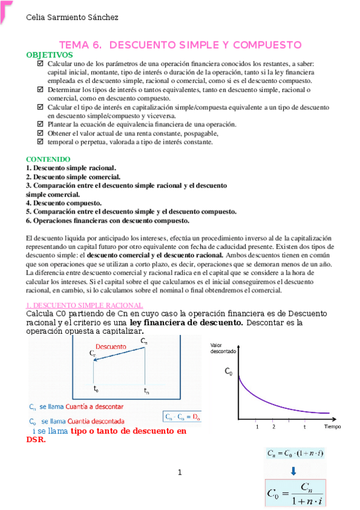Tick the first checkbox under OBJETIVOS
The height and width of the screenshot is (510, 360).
pos(40,63)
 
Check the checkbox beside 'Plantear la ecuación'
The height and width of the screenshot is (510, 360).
pos(40,124)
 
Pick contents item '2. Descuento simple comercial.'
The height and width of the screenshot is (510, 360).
pos(73,177)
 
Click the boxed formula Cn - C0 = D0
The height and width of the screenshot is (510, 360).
pos(182,416)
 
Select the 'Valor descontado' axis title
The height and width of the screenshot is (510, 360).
pos(223,348)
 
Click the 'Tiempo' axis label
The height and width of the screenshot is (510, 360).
pos(332,426)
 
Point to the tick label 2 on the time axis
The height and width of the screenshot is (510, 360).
pos(273,426)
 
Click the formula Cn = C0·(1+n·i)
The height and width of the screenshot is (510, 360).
pos(294,453)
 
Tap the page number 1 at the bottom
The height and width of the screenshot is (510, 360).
pos(180,473)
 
